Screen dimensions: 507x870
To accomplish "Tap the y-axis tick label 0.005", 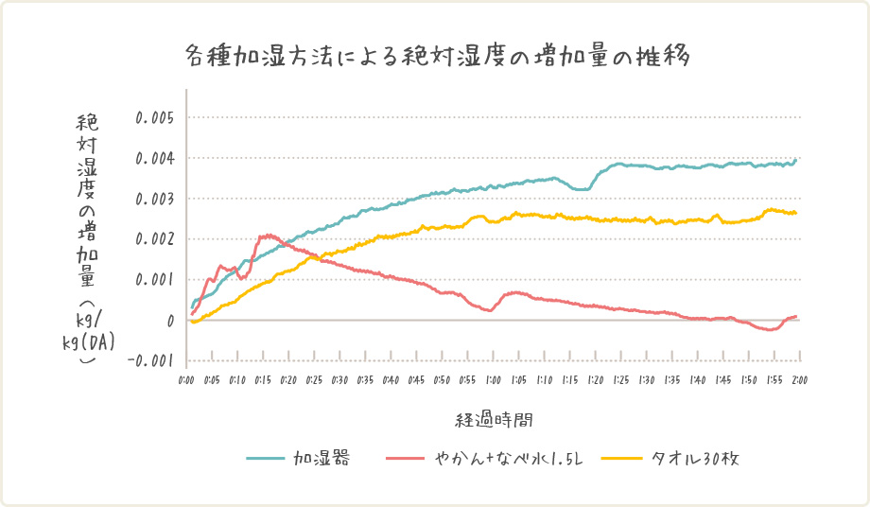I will pos(155,118).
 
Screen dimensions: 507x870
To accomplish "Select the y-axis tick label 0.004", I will pos(155,159).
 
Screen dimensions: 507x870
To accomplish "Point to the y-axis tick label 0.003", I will pos(155,199).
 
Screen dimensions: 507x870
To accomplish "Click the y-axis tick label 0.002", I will pos(155,239).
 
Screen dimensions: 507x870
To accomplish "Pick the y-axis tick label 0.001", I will pos(155,280).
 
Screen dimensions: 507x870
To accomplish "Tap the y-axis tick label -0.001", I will pos(151,360).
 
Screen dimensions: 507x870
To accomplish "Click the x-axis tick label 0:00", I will pos(187,379).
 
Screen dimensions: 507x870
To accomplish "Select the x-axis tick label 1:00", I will pos(493,379).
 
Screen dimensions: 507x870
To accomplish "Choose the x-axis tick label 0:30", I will pos(340,379).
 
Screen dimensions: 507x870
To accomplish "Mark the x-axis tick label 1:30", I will pos(646,379).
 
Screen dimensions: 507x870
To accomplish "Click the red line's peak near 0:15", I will pos(269,235).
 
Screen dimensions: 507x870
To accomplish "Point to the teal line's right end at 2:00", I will pos(796,160).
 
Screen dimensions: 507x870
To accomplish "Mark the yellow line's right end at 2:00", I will pos(796,213).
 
